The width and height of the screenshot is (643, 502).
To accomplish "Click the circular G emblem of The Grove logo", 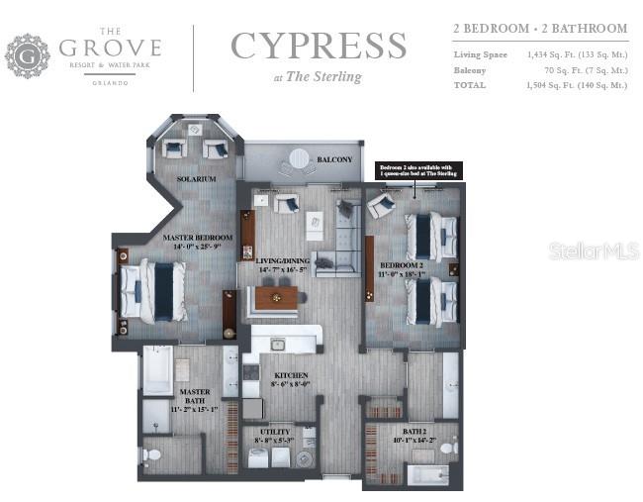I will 28,55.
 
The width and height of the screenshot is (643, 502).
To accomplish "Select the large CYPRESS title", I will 318,46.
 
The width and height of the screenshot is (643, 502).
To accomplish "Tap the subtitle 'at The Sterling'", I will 318,77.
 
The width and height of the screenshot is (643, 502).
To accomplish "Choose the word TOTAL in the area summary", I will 470,85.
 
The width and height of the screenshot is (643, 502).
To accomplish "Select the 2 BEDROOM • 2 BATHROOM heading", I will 539,29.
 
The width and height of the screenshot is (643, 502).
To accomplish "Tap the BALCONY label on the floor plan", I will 334,159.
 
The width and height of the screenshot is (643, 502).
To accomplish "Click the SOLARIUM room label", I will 196,179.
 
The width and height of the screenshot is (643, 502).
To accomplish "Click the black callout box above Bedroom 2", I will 418,171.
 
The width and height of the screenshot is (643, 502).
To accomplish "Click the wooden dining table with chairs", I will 276,297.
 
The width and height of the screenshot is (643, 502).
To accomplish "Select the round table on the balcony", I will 297,159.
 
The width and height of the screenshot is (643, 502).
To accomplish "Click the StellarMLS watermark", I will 594,251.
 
